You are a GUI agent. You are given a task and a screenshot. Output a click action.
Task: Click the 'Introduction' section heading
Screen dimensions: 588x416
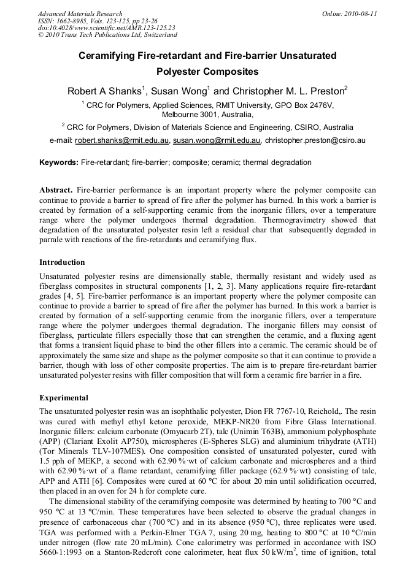[x=62, y=262]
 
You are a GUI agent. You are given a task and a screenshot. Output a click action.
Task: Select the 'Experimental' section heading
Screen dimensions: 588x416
[x=63, y=397]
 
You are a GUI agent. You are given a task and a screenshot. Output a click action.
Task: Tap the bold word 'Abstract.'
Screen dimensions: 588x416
[x=56, y=190]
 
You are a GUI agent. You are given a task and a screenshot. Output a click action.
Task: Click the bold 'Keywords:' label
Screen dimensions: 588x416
[x=59, y=162]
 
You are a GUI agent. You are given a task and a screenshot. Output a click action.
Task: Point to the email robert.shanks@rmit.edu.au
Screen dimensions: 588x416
[x=122, y=140]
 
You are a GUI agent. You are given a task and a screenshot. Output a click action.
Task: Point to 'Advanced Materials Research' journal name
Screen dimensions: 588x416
[x=80, y=13]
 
